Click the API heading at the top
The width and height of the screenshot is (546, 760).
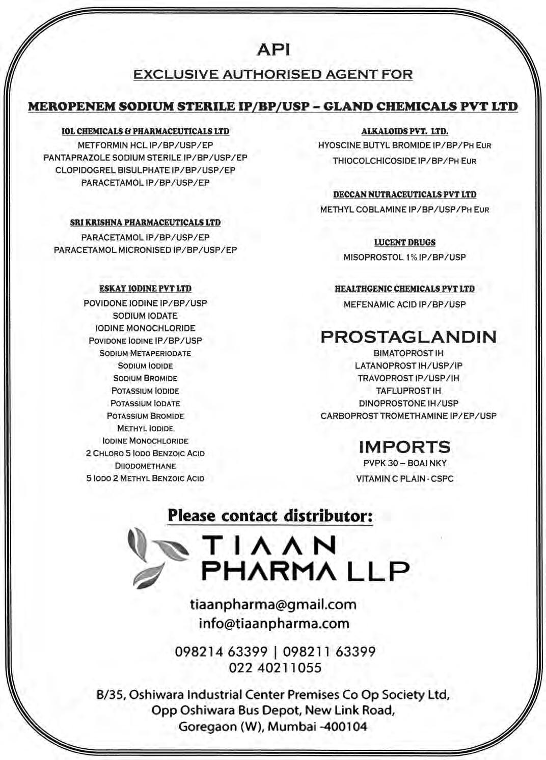[274, 49]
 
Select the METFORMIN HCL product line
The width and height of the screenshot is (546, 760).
[145, 145]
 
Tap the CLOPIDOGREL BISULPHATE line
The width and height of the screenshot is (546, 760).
[145, 170]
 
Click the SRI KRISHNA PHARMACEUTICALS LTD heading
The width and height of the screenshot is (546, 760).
[145, 222]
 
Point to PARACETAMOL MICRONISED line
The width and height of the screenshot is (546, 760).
[145, 250]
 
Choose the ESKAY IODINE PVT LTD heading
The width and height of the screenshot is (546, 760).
[145, 289]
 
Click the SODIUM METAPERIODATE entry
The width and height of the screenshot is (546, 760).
[145, 353]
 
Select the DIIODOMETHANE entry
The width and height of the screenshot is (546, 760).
[145, 466]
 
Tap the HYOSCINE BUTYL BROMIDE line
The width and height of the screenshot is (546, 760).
[404, 145]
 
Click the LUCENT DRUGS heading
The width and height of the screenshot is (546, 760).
[404, 243]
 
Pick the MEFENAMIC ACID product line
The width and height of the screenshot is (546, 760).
[404, 304]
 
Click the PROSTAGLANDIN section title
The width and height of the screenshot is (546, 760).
[408, 336]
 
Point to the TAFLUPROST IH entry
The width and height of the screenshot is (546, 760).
[408, 391]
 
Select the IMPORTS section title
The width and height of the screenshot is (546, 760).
[404, 447]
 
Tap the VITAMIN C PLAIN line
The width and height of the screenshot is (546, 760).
[404, 478]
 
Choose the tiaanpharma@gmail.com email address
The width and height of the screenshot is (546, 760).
[273, 604]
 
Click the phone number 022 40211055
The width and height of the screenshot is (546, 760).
[275, 667]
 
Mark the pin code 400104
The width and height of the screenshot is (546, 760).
[346, 726]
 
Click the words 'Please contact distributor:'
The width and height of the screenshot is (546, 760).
[270, 516]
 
